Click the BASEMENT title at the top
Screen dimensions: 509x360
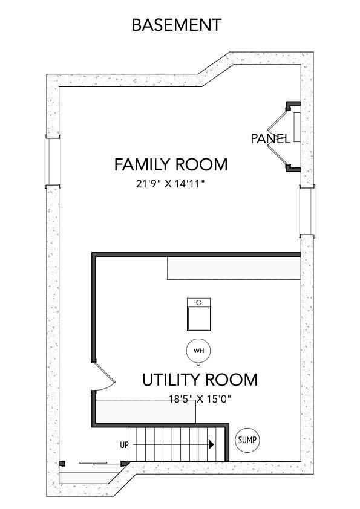click(176, 25)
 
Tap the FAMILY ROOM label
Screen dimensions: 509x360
click(171, 164)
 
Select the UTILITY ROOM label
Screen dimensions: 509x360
click(200, 380)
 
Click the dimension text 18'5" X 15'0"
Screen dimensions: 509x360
click(200, 398)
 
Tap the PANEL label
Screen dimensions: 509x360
click(270, 138)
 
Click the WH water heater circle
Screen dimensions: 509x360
click(198, 351)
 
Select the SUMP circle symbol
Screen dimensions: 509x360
click(247, 440)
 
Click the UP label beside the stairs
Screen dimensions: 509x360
click(125, 445)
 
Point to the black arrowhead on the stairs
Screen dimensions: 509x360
click(211, 445)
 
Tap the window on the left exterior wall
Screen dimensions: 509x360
click(53, 160)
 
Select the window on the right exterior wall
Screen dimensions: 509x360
click(307, 211)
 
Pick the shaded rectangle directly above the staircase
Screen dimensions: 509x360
click(146, 411)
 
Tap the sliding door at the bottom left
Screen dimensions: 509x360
click(95, 464)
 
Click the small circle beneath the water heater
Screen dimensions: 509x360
click(198, 363)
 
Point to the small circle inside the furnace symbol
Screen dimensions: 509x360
click(198, 302)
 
